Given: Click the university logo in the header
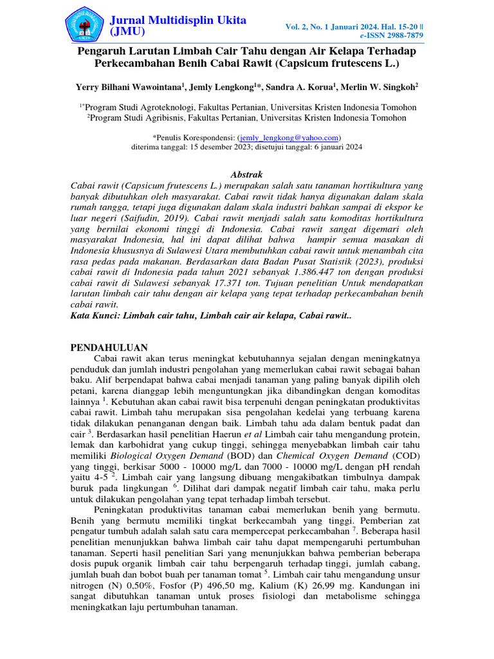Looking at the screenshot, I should point(87,24).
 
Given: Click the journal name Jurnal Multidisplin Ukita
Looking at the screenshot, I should point(178,20).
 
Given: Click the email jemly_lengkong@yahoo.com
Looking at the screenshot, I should point(289,138).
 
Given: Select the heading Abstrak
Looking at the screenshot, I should point(246,174).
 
